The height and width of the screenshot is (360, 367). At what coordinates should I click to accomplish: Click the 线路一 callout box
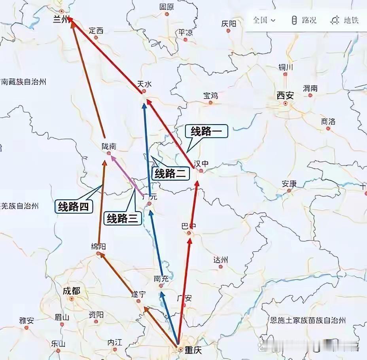tap(206, 132)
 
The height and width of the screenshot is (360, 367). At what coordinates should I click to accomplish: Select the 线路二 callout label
tap(170, 173)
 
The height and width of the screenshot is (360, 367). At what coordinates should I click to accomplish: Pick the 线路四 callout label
tap(74, 206)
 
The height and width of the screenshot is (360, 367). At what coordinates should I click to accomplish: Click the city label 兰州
tap(61, 20)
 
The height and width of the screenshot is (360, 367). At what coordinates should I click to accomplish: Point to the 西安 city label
tap(286, 95)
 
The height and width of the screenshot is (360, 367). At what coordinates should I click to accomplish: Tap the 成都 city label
tap(71, 291)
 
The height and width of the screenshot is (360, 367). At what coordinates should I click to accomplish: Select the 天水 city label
tap(144, 84)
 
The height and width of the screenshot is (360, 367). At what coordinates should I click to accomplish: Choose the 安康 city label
tap(289, 184)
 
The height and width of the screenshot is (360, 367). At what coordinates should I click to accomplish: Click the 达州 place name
tap(221, 260)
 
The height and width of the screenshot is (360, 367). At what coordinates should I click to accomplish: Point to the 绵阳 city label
tap(98, 246)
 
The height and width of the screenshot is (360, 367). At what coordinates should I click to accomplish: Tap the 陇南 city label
tap(109, 146)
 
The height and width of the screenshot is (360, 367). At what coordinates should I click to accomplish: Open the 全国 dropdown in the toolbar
tap(264, 20)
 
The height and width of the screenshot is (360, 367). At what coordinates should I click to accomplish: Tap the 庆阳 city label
tap(229, 24)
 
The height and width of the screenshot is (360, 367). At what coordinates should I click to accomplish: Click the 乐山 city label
tap(58, 343)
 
